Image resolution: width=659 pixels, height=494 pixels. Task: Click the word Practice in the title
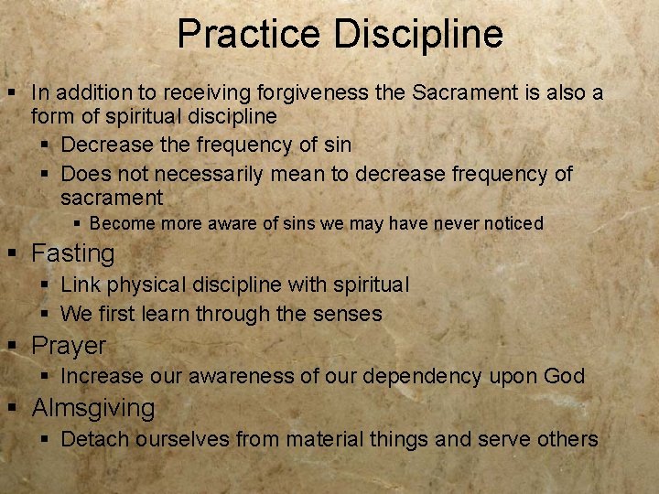point(250,34)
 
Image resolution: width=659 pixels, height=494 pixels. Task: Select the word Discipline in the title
point(418,34)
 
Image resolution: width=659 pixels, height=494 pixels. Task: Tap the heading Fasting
point(73,253)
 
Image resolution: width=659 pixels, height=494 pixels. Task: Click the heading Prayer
point(69,346)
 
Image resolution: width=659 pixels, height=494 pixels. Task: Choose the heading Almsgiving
point(93,408)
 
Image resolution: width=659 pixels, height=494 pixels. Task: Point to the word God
point(564,376)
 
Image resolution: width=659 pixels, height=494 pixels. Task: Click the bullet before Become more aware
point(78,224)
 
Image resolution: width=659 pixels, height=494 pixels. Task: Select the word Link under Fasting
point(79,285)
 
